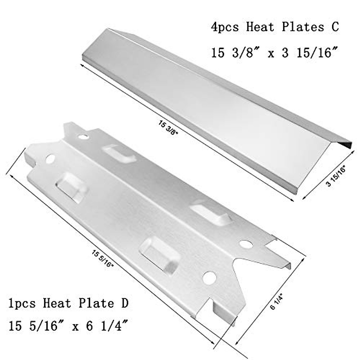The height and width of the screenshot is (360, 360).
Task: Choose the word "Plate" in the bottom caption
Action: point(95,303)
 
